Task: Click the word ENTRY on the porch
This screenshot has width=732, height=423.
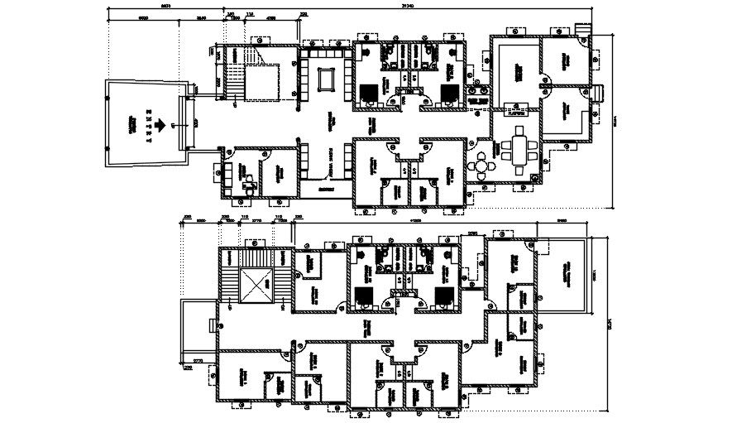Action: pyautogui.click(x=149, y=127)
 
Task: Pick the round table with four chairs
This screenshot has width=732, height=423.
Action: pyautogui.click(x=480, y=165)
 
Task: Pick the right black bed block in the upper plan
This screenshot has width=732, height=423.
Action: pyautogui.click(x=448, y=89)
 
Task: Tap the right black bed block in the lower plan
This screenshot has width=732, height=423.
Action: pyautogui.click(x=442, y=296)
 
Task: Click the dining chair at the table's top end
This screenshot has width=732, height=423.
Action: pyautogui.click(x=519, y=133)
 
